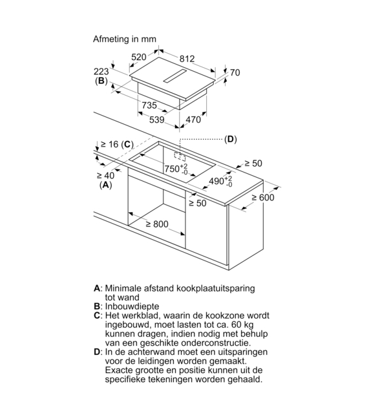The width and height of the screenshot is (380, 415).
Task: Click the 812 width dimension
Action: pyautogui.click(x=187, y=59)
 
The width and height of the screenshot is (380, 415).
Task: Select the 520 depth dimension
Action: pyautogui.click(x=139, y=57)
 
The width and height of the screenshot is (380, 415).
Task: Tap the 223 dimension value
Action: pyautogui.click(x=101, y=72)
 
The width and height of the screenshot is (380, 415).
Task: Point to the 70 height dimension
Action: pyautogui.click(x=235, y=72)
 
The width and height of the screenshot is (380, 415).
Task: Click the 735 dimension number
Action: pyautogui.click(x=149, y=105)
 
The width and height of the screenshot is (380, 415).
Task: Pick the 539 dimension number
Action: pyautogui.click(x=157, y=120)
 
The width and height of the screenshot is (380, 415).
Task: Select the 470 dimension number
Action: pyautogui.click(x=193, y=120)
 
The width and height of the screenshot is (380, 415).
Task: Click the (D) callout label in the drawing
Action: pyautogui.click(x=231, y=139)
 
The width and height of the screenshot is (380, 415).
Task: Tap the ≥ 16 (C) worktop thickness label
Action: pyautogui.click(x=117, y=145)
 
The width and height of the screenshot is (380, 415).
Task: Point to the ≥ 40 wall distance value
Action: pyautogui.click(x=105, y=175)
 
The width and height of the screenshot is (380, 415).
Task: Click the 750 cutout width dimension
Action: pyautogui.click(x=176, y=169)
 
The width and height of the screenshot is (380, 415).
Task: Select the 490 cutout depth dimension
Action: pyautogui.click(x=220, y=181)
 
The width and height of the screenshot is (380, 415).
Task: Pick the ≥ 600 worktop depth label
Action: pyautogui.click(x=263, y=197)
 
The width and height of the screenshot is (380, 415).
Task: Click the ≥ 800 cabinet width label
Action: pyautogui.click(x=157, y=224)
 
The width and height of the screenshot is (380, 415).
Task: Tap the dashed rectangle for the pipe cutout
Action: pyautogui.click(x=180, y=156)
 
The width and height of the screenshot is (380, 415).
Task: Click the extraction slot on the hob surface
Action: pyautogui.click(x=174, y=76)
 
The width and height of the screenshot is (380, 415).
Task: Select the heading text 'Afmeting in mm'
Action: pyautogui.click(x=125, y=39)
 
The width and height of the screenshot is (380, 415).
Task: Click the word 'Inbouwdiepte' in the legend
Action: pyautogui.click(x=132, y=306)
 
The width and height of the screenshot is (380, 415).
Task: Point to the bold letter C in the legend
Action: pyautogui.click(x=97, y=315)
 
